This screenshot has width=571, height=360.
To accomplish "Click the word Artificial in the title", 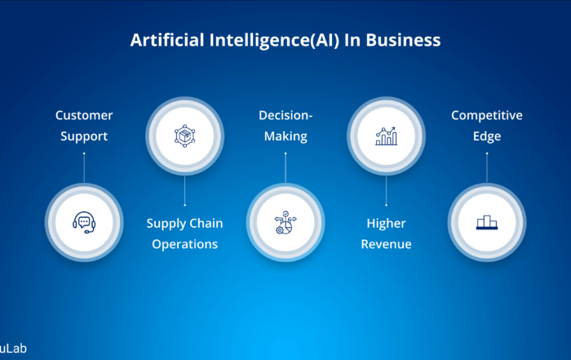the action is point(167,40).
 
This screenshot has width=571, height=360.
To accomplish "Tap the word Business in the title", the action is point(403,40).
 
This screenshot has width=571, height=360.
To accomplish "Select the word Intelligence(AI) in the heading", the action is point(274,41).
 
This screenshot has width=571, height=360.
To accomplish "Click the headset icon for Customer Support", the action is point(84,222).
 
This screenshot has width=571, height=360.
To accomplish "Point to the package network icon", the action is point(184,136).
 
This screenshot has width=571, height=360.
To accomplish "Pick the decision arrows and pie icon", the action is point(285,222).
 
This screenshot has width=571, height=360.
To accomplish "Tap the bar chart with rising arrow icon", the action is point(386,136).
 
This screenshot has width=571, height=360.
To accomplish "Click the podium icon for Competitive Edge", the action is point(487,222).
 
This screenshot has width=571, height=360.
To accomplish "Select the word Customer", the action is point(84,115).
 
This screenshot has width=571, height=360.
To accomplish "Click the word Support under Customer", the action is point(84,136).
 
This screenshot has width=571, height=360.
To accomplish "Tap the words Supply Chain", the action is point(184,224).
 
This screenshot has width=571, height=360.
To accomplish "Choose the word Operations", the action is point(184,245).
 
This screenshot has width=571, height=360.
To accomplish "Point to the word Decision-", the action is point(285,115).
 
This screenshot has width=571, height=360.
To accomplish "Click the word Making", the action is point(285,136).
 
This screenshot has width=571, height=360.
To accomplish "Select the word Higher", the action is point(386,224).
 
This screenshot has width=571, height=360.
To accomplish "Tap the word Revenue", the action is point(386,244).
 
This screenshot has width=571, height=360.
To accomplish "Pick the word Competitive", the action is point(487,115).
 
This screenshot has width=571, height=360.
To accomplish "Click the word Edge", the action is point(487,136).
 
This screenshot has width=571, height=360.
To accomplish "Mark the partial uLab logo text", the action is point(13,349).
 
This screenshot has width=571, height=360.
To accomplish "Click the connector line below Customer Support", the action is point(84,167).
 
